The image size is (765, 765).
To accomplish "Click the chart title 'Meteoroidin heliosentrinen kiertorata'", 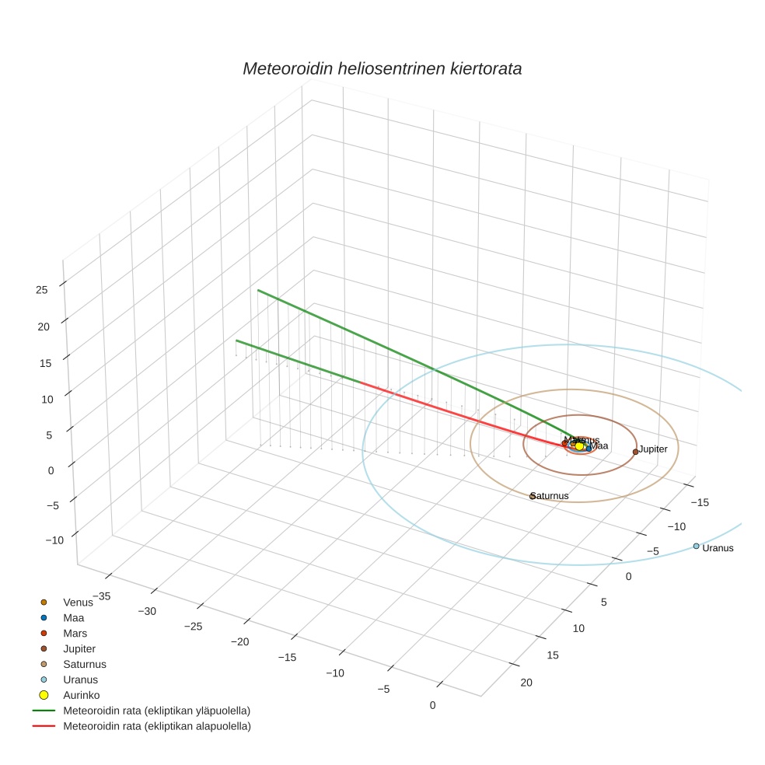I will pos(382,68).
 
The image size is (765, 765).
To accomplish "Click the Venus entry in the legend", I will pos(78,602).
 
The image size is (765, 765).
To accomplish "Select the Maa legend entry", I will pos(73,617).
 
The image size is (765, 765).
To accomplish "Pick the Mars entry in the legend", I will pos(75,633).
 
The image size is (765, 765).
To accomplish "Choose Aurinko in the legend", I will pos(81,695).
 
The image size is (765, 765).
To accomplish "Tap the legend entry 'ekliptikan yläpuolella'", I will pos(156,711).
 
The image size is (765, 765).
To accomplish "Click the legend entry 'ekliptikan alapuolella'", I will pos(156,726).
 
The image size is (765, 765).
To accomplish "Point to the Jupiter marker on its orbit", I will pos(635,452).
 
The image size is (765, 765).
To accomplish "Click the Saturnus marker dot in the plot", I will pos(533,496).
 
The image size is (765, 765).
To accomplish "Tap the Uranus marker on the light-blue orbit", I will pos(696,546).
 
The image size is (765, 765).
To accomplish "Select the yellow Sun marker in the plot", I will pos(579,446).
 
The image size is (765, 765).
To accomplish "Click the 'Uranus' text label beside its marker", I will pos(718,548).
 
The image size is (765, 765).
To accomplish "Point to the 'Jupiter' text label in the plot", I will pos(653,449).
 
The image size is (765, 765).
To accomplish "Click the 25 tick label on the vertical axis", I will pos(42,290).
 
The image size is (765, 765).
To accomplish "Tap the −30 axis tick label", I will pos(146,611).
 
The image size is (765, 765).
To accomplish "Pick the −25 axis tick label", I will pos(194,627).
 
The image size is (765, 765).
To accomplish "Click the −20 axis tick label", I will pos(241,641).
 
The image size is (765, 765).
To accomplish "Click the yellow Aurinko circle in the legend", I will pos(44,695).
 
